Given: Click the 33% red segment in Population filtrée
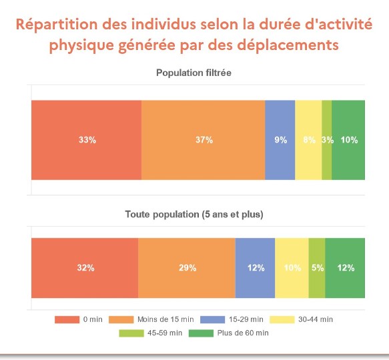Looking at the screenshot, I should click(x=86, y=140).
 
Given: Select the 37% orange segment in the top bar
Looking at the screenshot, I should click(x=203, y=140).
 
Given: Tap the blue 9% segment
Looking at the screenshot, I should click(x=280, y=140).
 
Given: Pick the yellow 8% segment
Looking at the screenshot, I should click(x=308, y=140).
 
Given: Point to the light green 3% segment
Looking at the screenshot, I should click(x=326, y=140).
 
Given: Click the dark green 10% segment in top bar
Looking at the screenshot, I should click(x=348, y=140).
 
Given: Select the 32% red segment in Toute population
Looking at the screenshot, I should click(x=85, y=268).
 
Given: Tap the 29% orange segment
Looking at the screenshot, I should click(x=187, y=268).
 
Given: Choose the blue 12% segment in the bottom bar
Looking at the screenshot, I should click(x=255, y=268).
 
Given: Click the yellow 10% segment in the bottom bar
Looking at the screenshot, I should click(x=292, y=268).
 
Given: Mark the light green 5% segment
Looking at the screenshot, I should click(x=317, y=268).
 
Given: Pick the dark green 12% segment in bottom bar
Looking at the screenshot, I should click(x=345, y=268).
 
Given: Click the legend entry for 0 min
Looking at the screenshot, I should click(x=77, y=319).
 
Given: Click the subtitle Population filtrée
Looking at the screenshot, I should click(x=193, y=72).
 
